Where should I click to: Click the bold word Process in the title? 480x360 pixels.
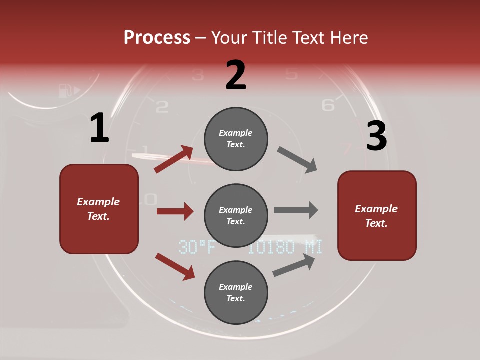tap(157, 37)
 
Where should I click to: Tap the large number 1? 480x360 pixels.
tap(99, 128)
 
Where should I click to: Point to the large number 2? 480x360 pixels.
tap(236, 75)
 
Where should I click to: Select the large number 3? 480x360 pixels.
tap(376, 136)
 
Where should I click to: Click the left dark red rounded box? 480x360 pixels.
tap(99, 209)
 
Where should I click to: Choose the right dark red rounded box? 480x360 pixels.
tap(377, 215)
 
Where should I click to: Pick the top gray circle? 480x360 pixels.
tap(236, 139)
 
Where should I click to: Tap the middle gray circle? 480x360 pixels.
tap(236, 215)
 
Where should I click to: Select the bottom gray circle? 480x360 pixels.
tap(236, 292)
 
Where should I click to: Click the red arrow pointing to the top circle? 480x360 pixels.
tap(174, 159)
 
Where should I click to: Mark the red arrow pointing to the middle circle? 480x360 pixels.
tap(175, 211)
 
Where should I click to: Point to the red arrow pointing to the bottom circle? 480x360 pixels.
tap(175, 266)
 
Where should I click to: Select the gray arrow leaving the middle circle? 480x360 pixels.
tap(296, 210)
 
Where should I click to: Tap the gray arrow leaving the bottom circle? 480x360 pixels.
tap(294, 265)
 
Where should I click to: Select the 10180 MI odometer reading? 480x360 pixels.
tap(285, 247)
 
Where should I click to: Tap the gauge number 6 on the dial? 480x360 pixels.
tap(328, 105)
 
